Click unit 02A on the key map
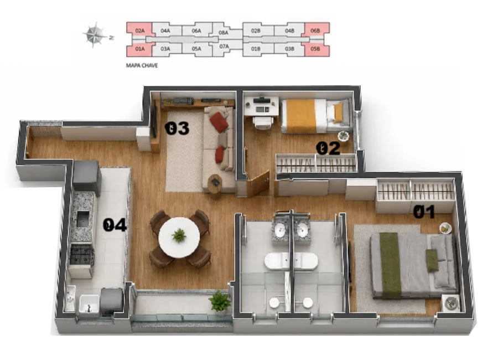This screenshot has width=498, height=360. pos(140,31)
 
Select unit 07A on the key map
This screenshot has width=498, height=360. pos(224,47)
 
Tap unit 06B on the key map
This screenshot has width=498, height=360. pos(315,31)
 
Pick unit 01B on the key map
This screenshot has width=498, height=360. pos(256,49)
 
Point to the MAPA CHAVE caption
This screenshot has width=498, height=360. pos(142,65)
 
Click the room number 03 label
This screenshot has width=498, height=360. pos(177,128)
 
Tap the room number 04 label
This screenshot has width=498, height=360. pos(115,225)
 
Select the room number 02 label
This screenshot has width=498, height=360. pos(328,148)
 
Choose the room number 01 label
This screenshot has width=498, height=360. pos(424,212)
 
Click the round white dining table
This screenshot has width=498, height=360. pos(179,237)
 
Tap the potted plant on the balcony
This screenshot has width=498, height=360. pos(220,301)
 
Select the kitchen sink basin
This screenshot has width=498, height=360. pos(83,219)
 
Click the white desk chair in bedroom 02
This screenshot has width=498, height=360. pos(263,123)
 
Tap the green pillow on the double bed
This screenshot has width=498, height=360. pos(432,260)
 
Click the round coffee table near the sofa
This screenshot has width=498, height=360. pos(215,183)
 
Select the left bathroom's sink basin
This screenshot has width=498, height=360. pos(280,230)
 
